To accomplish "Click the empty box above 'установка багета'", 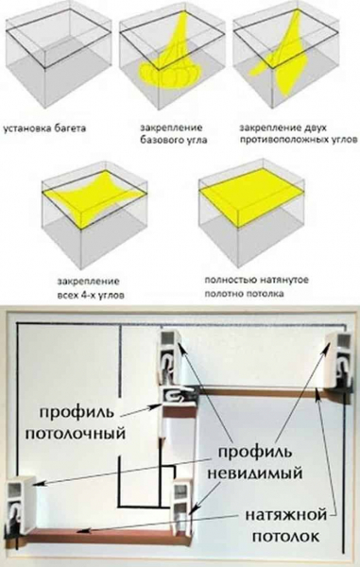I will click(56, 57).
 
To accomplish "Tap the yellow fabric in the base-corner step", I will click(175, 61).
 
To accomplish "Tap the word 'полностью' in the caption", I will click(231, 280).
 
